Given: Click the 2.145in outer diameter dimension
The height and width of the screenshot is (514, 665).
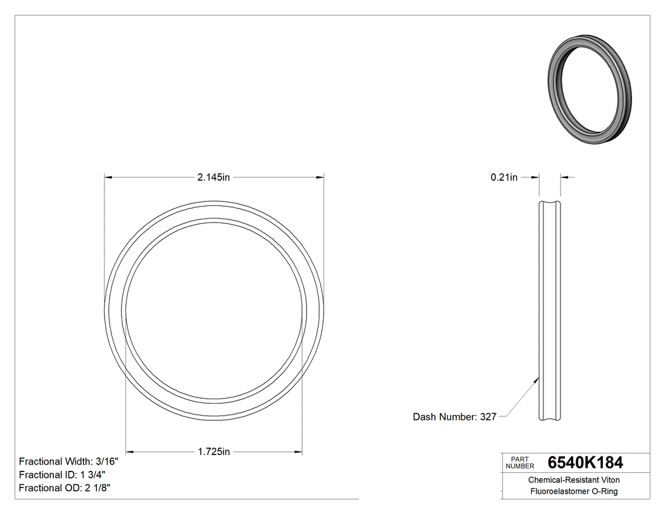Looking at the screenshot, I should click(x=213, y=177).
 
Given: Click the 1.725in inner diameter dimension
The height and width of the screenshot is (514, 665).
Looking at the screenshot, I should click(x=213, y=452).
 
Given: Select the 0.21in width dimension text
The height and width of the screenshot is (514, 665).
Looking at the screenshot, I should click(x=503, y=177).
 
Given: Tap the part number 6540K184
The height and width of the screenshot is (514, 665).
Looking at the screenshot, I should click(x=585, y=463).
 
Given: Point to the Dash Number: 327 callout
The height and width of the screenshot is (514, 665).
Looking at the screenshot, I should click(x=454, y=417).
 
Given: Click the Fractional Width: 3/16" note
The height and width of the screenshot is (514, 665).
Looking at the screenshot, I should click(x=68, y=461).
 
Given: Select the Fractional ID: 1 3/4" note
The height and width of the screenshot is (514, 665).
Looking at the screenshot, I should click(x=62, y=475).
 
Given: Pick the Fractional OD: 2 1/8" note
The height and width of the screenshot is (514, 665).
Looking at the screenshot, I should click(x=65, y=488).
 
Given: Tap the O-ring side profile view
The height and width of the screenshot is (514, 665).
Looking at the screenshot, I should click(x=550, y=311).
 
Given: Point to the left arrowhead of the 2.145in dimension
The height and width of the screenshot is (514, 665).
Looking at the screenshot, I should click(x=108, y=177).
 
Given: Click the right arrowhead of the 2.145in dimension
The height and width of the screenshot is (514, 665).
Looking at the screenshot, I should click(x=320, y=177).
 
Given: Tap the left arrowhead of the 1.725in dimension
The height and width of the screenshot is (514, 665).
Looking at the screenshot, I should click(x=130, y=452).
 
